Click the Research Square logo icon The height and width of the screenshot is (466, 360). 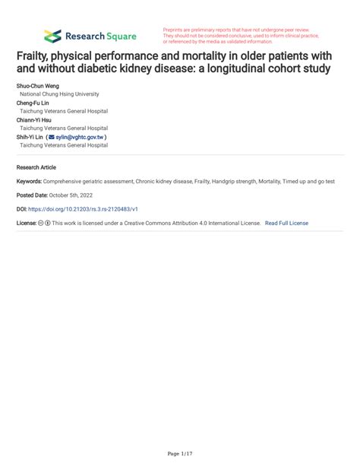(x=52, y=36)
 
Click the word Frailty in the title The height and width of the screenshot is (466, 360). (x=35, y=57)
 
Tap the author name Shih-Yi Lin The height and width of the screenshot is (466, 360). (x=31, y=138)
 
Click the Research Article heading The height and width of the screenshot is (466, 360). (x=36, y=166)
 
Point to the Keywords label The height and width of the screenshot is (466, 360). (x=29, y=182)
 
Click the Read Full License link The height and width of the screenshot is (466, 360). (x=286, y=223)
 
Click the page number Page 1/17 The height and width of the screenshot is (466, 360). (x=179, y=454)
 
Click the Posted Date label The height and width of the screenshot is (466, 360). (x=32, y=195)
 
